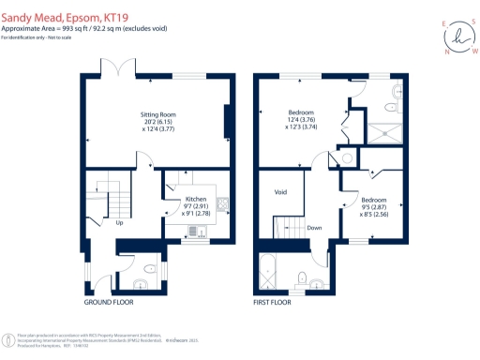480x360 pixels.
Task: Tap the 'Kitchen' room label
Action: [195, 200]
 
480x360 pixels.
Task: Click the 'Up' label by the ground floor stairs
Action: [119, 223]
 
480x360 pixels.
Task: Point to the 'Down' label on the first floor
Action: [314, 227]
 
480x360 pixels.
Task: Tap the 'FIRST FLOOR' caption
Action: [273, 303]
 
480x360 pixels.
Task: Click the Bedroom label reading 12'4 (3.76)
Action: [301, 111]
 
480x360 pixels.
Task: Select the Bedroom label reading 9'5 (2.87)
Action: [372, 200]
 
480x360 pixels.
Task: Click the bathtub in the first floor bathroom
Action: [267, 274]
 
